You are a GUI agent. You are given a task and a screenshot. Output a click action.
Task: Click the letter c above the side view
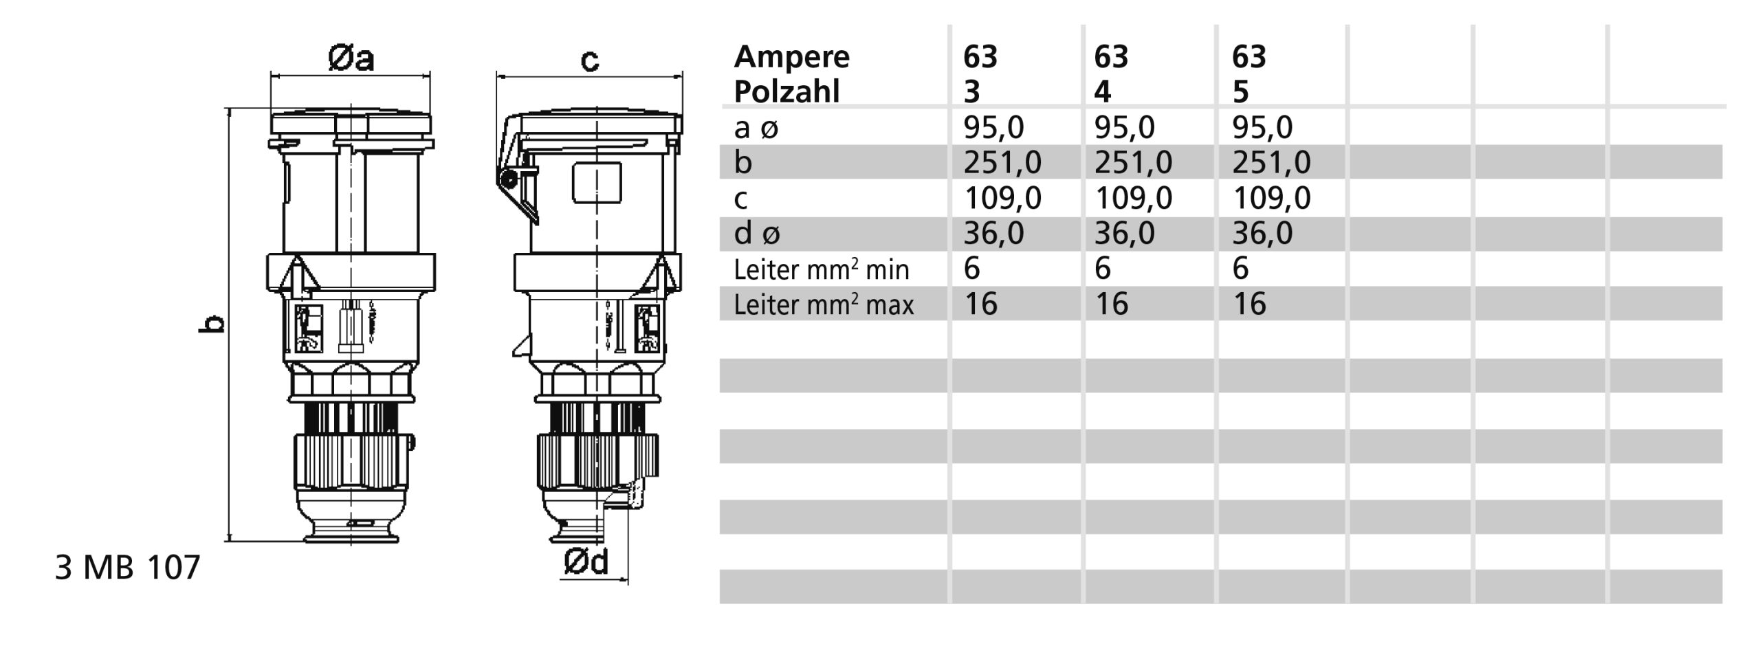pyautogui.click(x=590, y=60)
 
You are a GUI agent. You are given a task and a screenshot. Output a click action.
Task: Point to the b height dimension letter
pyautogui.click(x=215, y=323)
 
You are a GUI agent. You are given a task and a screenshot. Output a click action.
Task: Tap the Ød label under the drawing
pyautogui.click(x=586, y=562)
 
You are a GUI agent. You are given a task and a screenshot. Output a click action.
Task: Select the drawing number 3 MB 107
pyautogui.click(x=127, y=568)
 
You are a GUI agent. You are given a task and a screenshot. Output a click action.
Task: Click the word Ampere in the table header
pyautogui.click(x=791, y=57)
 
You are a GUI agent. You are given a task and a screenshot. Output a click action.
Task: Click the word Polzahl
pyautogui.click(x=786, y=92)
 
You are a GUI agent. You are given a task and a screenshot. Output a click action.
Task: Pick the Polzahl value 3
pyautogui.click(x=972, y=92)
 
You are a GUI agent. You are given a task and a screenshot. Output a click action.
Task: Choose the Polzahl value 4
pyautogui.click(x=1103, y=92)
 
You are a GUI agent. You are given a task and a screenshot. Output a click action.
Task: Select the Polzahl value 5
pyautogui.click(x=1240, y=92)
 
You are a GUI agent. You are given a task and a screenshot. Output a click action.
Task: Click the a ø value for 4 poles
pyautogui.click(x=1124, y=127)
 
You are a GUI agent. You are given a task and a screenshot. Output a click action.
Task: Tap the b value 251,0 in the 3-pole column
pyautogui.click(x=1002, y=163)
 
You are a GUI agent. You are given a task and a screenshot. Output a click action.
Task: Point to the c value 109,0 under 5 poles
pyautogui.click(x=1271, y=198)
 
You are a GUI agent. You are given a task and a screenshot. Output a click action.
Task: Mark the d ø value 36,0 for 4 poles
pyautogui.click(x=1124, y=234)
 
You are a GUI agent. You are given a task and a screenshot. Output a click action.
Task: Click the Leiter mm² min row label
pyautogui.click(x=821, y=269)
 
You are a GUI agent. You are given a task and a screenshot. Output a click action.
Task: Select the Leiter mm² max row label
pyautogui.click(x=824, y=304)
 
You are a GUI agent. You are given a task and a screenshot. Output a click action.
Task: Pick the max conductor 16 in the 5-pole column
pyautogui.click(x=1249, y=304)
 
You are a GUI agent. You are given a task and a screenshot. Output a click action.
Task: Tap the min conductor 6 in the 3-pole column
pyautogui.click(x=971, y=268)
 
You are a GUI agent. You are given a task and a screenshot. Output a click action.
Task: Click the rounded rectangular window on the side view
pyautogui.click(x=596, y=183)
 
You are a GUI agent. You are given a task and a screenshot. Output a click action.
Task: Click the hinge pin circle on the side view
pyautogui.click(x=509, y=180)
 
